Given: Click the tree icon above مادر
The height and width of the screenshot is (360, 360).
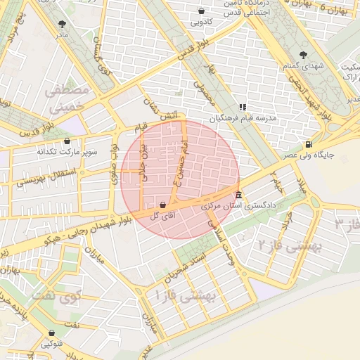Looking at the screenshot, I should click(63, 24).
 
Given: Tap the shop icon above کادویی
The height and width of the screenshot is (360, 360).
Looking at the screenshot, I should click(202, 11).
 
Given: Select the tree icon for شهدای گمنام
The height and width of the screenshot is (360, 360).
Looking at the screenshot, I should click(303, 54).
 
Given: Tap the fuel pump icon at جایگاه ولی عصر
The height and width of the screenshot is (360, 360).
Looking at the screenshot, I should click(308, 145).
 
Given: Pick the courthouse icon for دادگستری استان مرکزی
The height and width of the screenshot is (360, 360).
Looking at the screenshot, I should click(239, 195).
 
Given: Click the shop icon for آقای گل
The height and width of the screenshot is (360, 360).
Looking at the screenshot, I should click(163, 205).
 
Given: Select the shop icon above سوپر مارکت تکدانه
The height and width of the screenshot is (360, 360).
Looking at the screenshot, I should click(67, 141).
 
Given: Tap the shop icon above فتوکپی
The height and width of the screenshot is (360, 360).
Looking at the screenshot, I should click(51, 333).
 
